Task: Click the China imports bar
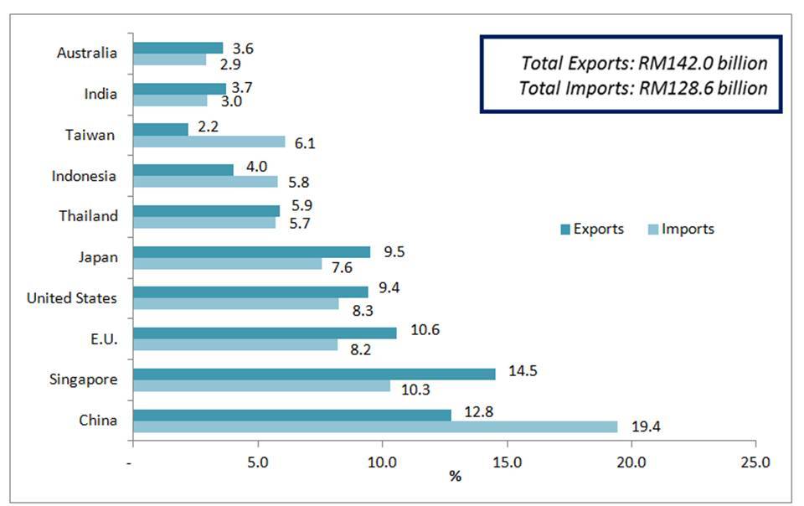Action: (x=375, y=427)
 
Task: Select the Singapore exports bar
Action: (x=314, y=374)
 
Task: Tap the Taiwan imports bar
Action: (x=209, y=142)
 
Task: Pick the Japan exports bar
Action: (x=251, y=252)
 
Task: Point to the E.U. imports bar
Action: (x=235, y=345)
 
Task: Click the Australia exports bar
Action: (x=178, y=48)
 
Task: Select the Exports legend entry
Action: (x=591, y=229)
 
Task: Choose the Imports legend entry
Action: (x=681, y=229)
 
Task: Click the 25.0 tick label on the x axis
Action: (x=755, y=462)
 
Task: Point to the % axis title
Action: (x=455, y=477)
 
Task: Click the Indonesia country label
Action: (x=84, y=176)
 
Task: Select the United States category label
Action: (x=72, y=298)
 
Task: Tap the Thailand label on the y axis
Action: (x=88, y=216)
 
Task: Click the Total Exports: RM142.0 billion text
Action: (x=644, y=63)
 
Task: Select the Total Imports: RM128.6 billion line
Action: (x=643, y=87)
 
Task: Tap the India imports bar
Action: (x=170, y=101)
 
